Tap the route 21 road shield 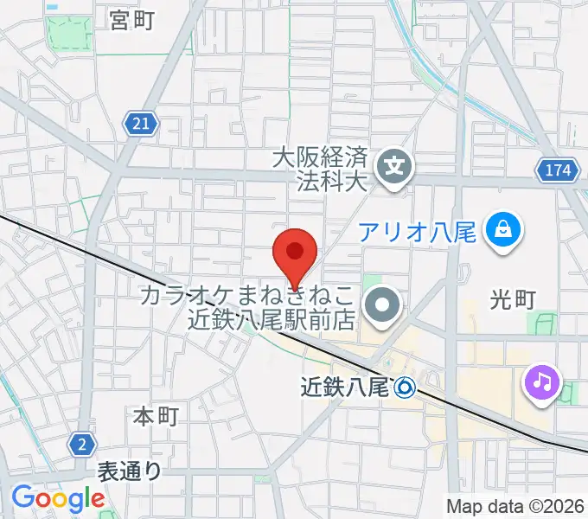point(141,124)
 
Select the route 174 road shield point(558,170)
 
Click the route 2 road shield point(81,444)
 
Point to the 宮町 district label point(132,20)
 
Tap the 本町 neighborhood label point(156,416)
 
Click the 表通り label point(129,471)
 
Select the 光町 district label point(514,299)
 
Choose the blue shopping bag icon point(502,229)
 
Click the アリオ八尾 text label point(419,232)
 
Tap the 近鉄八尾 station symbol point(405,388)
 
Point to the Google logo point(57,498)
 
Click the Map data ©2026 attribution point(515,506)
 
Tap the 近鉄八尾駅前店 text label point(272,318)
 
